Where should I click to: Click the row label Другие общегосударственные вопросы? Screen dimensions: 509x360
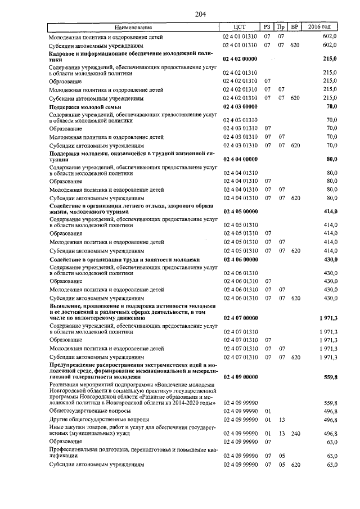99,420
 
